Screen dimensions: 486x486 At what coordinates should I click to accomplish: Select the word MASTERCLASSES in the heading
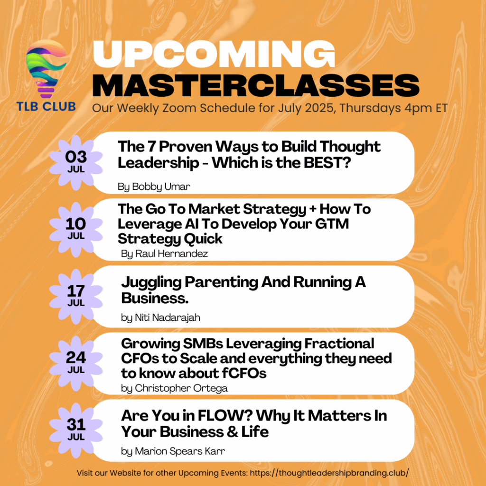pos(256,85)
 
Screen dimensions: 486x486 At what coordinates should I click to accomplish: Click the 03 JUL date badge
pos(76,162)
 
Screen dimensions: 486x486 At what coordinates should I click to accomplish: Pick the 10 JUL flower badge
pos(76,229)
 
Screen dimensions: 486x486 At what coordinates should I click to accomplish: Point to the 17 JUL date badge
pos(76,296)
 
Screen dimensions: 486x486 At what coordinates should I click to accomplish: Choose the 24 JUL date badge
pos(76,363)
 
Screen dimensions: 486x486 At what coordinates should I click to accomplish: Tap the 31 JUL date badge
pos(76,430)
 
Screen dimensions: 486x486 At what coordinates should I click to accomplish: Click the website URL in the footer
pos(329,473)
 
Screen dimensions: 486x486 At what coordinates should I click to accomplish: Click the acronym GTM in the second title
pos(332,224)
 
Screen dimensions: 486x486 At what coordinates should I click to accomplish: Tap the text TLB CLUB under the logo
pos(46,106)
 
